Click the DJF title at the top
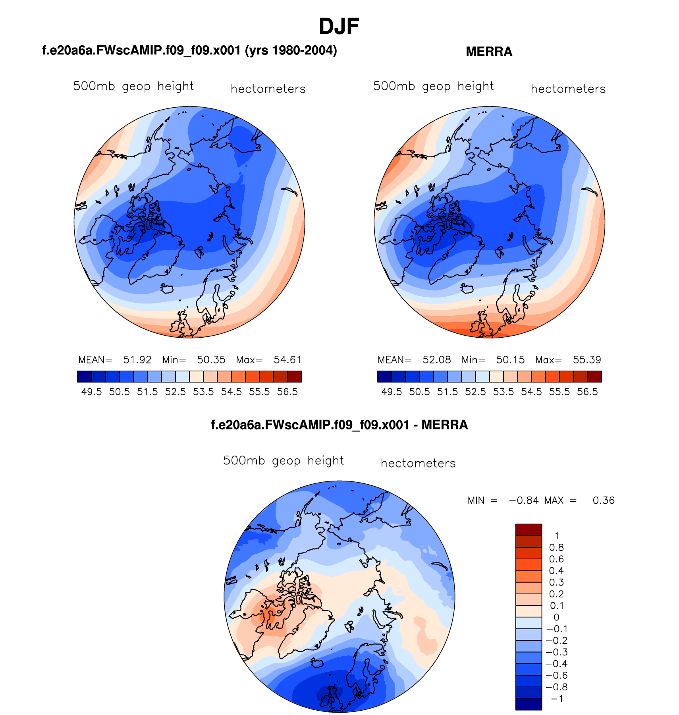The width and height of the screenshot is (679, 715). coord(339,27)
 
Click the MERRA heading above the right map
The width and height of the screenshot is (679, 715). coord(489,52)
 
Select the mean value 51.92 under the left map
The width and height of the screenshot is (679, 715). coord(137,360)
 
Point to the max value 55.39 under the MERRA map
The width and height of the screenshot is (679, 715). coord(587,360)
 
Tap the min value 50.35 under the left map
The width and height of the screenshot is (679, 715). coord(211,360)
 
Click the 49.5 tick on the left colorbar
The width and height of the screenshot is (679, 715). coord(91,392)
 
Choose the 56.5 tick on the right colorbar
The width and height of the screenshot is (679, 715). coord(587,392)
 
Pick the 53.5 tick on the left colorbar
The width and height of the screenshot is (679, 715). coord(203,392)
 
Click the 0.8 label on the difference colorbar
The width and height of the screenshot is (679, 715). coord(556,548)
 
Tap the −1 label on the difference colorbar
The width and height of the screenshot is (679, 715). coord(557,699)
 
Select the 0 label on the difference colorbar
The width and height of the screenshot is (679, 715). coord(556,617)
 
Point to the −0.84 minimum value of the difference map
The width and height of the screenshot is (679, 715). coord(524,500)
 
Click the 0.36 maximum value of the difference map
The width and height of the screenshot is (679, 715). coord(604,500)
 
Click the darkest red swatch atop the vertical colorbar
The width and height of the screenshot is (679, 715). coord(529,530)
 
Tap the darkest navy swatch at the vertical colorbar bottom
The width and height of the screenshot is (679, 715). coord(529,704)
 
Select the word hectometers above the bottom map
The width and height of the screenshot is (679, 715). coord(418,464)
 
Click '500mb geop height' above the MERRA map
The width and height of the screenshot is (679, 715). coord(433,86)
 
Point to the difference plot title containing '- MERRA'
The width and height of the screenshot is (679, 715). coord(339,425)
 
